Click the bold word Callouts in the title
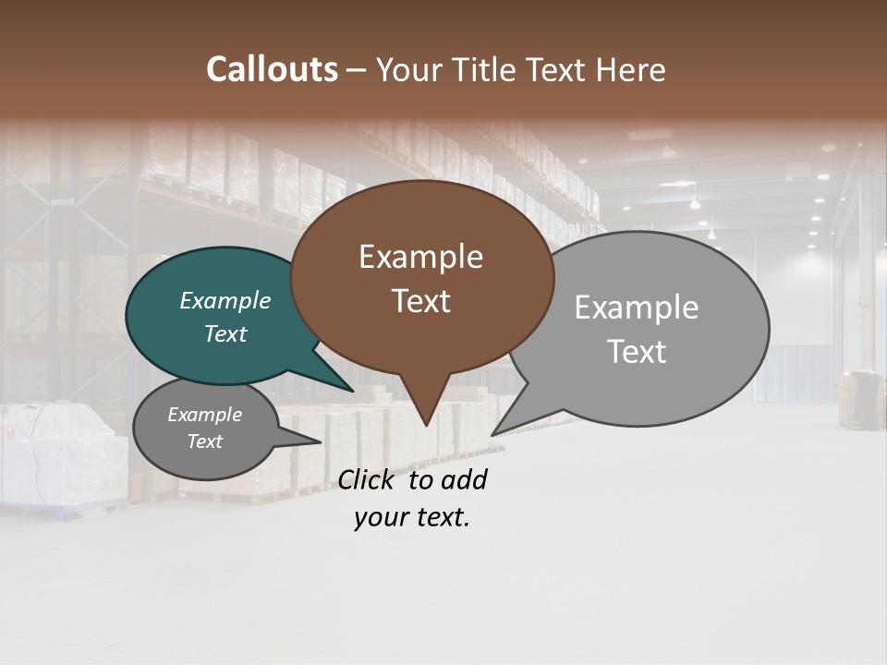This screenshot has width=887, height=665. [272, 69]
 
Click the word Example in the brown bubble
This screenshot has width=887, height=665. [420, 257]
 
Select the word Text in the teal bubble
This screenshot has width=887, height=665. [225, 334]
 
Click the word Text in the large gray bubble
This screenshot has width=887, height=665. [637, 351]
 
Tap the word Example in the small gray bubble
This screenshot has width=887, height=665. [204, 415]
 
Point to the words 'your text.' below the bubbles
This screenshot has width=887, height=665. [412, 517]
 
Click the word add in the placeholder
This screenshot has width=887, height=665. [463, 479]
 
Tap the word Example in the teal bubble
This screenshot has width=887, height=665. [225, 301]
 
